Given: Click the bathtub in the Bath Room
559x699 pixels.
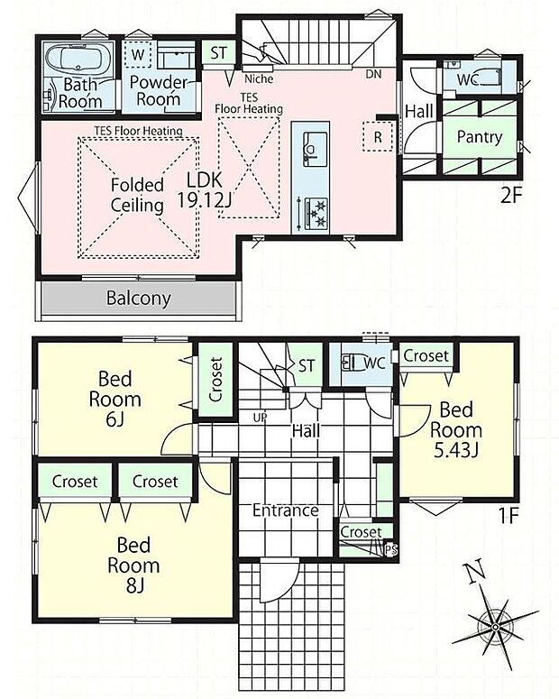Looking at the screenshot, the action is (x=78, y=60).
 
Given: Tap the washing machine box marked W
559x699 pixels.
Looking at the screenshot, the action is (x=138, y=54).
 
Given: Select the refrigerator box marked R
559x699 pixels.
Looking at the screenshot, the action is (x=378, y=136).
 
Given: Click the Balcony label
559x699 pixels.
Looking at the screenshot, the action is (x=138, y=298).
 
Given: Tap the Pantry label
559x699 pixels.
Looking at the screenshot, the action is (x=480, y=137).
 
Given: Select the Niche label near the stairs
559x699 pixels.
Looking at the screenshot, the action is (x=259, y=78).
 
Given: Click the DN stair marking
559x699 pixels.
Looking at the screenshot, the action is (x=373, y=74).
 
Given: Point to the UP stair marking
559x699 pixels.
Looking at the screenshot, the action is (x=260, y=418).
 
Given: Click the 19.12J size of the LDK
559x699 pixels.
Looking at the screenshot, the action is (x=205, y=200).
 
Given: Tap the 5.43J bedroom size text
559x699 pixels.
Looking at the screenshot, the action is (x=456, y=451).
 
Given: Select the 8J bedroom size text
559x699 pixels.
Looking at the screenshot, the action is (x=134, y=585).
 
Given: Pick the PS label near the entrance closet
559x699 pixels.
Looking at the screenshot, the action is (x=391, y=550).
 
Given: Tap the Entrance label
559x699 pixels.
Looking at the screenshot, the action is (x=285, y=510).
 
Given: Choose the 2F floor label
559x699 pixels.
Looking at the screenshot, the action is (x=511, y=196).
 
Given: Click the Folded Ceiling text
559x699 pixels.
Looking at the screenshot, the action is (x=137, y=195).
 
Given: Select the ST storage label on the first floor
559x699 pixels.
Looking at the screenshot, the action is (x=307, y=366).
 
